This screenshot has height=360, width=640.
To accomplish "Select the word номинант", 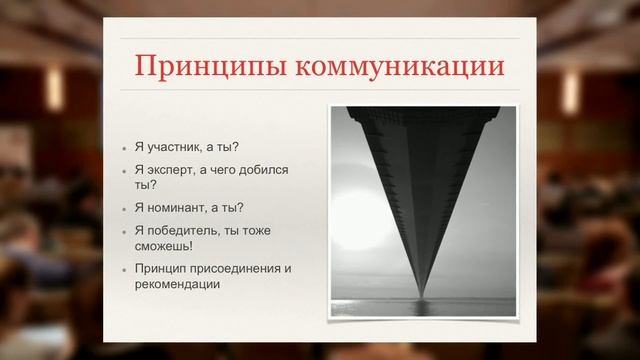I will [183, 208].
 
